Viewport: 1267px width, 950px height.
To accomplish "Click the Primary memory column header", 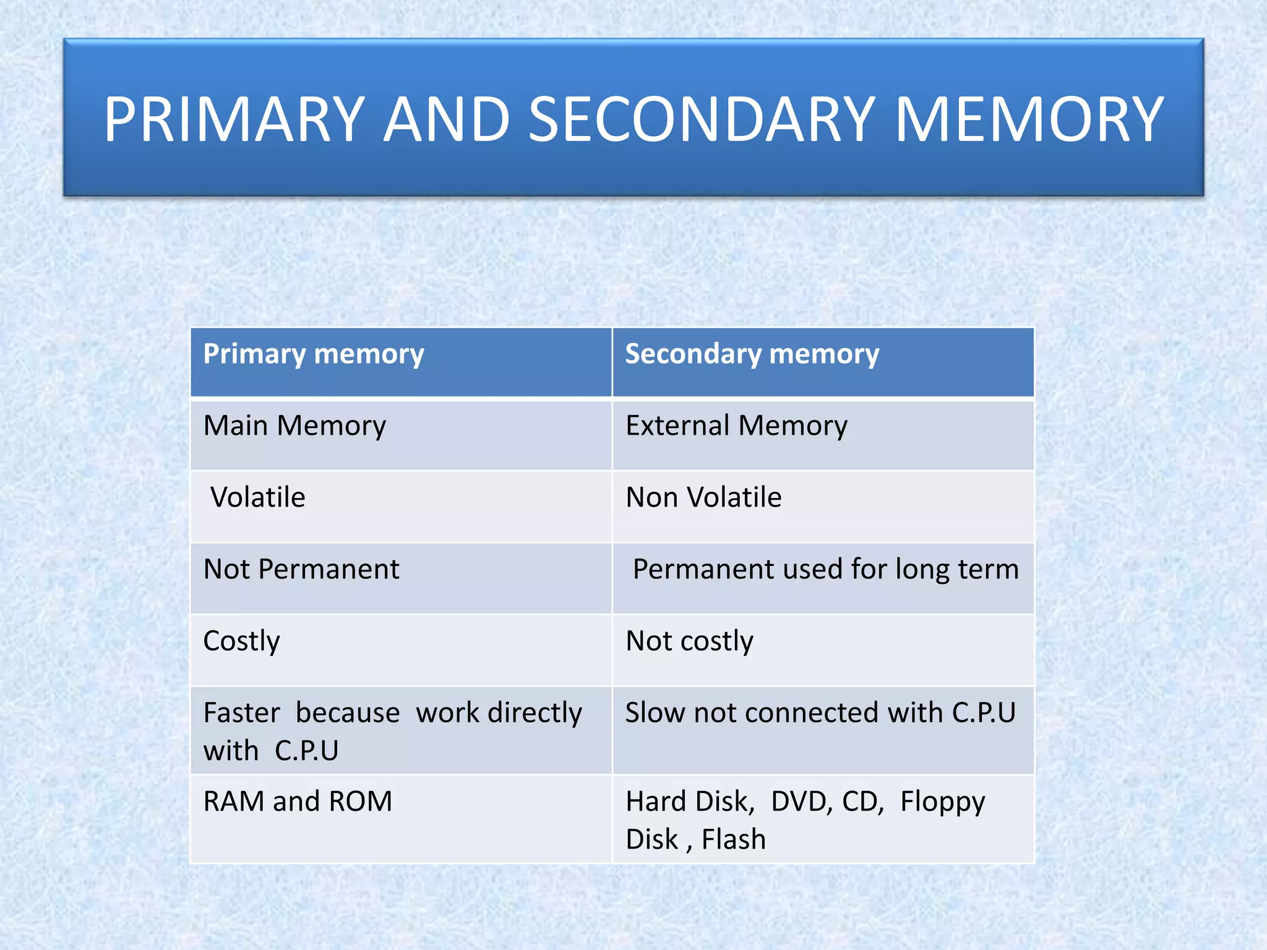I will [x=314, y=354].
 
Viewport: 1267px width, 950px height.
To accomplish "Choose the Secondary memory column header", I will [x=752, y=354].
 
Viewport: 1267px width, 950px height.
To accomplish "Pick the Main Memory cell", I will [x=294, y=426].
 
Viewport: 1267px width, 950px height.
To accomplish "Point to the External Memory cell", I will [x=736, y=426].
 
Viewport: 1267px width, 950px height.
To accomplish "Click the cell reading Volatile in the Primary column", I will [x=258, y=498].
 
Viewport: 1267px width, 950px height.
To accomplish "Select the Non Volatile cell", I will [x=703, y=498].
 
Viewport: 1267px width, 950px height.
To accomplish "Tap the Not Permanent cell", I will [x=301, y=570].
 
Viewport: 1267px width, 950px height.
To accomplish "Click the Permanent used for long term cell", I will [x=825, y=570].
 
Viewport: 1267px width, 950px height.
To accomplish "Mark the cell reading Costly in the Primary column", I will [x=241, y=641].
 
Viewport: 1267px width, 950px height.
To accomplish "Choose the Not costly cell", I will [x=689, y=641].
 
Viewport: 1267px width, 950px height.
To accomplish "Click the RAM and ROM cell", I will [x=298, y=802].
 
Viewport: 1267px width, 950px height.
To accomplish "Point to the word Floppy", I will [x=942, y=802].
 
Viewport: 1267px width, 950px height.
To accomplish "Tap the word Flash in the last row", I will [x=734, y=840].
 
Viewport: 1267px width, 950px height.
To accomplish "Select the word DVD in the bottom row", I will [x=802, y=802].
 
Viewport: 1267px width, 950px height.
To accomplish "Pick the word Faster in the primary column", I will [x=241, y=713].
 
